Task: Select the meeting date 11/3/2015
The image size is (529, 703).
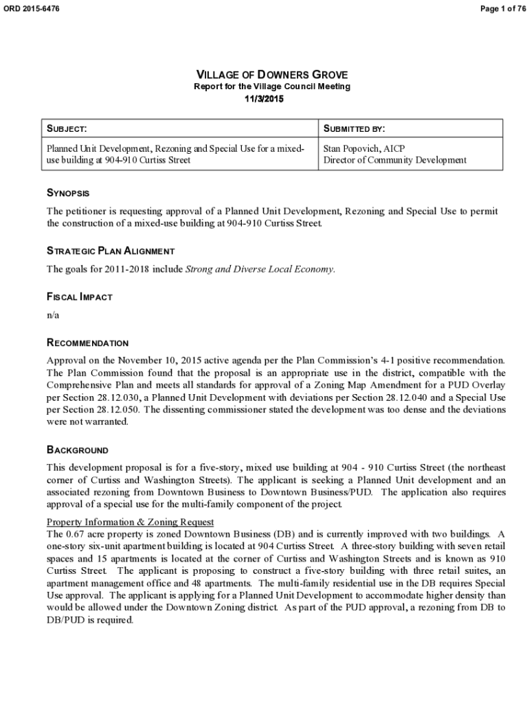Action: pos(264,99)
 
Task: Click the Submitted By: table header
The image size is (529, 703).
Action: pos(354,128)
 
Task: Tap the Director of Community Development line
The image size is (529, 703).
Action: pos(394,160)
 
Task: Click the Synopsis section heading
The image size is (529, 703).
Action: pos(67,194)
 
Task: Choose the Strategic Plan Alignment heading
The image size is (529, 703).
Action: pos(110,251)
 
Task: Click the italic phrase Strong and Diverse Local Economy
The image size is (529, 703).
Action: pos(260,268)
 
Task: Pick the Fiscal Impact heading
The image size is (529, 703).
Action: pos(79,297)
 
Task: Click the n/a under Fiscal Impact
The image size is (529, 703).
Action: pos(53,314)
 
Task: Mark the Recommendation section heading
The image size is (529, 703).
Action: pos(87,343)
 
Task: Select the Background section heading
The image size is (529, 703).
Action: pos(77,450)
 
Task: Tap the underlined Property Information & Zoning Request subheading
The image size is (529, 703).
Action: pos(130,522)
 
